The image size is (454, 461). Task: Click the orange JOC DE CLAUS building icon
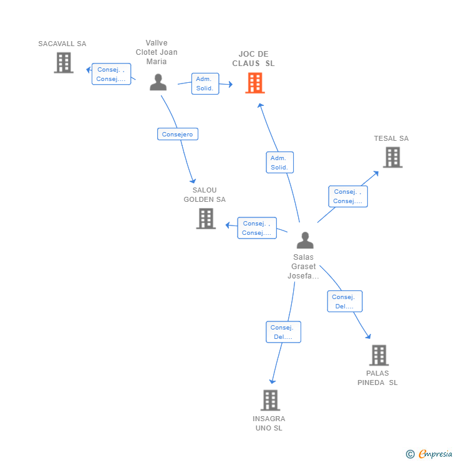click(x=254, y=83)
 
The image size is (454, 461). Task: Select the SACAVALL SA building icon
click(x=63, y=63)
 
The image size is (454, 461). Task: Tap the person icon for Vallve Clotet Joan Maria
click(x=158, y=82)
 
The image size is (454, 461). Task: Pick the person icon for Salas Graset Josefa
click(x=305, y=240)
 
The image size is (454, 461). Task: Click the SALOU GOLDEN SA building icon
click(x=206, y=219)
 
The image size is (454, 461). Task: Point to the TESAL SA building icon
click(x=392, y=158)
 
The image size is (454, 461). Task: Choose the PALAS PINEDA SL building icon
click(x=379, y=355)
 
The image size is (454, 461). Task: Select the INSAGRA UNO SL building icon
click(x=270, y=400)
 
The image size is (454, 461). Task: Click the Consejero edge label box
click(x=178, y=134)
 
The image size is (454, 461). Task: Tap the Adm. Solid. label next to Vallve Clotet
click(x=205, y=83)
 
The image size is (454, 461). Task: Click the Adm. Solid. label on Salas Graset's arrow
click(x=279, y=163)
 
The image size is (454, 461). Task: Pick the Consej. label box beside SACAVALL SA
click(x=112, y=74)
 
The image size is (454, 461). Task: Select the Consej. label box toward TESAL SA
click(x=348, y=196)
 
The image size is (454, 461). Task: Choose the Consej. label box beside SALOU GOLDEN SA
click(x=257, y=228)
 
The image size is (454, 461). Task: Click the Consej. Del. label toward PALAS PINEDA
click(x=345, y=302)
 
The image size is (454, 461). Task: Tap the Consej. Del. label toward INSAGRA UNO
click(x=283, y=332)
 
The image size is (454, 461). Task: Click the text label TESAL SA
click(x=391, y=138)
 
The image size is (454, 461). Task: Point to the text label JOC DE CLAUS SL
click(x=253, y=59)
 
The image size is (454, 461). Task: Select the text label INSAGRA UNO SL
click(x=269, y=423)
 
